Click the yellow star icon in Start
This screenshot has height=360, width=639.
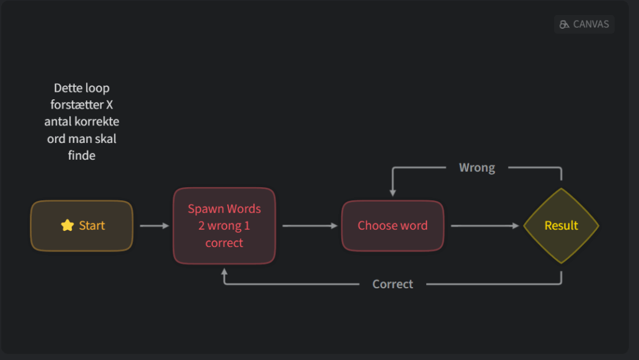67,225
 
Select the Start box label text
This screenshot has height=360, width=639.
92,226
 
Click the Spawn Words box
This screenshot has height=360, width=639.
224,226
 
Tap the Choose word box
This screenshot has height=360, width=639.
393,226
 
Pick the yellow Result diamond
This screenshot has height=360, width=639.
561,226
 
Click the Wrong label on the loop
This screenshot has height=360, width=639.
477,168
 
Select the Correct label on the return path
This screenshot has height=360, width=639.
393,284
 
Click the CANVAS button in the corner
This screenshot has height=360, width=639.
584,24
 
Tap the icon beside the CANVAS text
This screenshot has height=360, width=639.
564,24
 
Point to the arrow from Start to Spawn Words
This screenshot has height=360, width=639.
155,226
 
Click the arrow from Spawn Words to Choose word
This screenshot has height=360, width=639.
310,226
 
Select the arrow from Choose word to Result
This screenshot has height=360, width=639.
485,226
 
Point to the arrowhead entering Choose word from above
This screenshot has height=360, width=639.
393,193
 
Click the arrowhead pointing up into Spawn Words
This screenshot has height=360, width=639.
224,271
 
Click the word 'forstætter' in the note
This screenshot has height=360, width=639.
77,105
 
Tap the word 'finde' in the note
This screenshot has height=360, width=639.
82,155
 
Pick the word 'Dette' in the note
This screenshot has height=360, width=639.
67,88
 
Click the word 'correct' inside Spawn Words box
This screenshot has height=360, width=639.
224,243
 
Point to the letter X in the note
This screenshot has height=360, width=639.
109,105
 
